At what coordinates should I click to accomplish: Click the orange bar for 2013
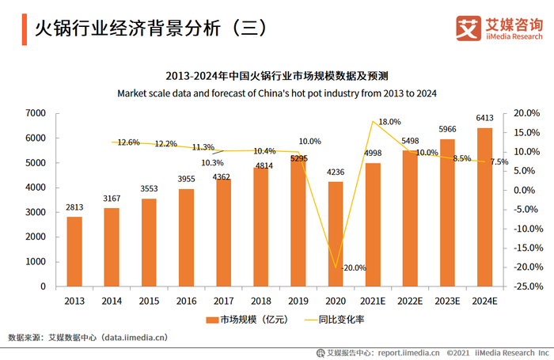(x=74, y=251)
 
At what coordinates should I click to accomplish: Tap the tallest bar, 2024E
(x=484, y=207)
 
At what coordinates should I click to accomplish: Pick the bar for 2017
(x=223, y=233)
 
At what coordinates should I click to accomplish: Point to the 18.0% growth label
(x=389, y=122)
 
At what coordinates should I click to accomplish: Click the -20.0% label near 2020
(x=353, y=267)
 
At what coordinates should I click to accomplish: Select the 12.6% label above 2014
(x=128, y=142)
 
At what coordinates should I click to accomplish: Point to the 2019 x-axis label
(x=298, y=301)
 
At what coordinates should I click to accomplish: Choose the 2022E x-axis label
(x=409, y=301)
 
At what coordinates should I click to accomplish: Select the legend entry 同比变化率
(x=340, y=320)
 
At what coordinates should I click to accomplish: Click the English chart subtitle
(x=277, y=93)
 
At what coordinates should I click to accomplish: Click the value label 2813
(x=74, y=207)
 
